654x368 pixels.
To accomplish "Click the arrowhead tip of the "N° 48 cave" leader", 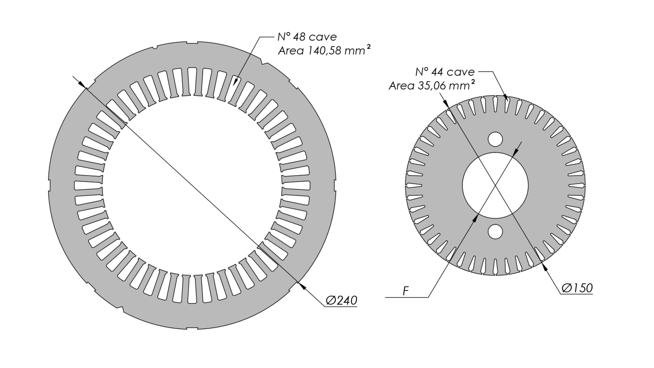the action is pyautogui.click(x=233, y=85).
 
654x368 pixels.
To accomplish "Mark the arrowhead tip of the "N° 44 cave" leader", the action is pyautogui.click(x=508, y=101).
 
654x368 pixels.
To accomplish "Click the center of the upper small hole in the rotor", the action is pyautogui.click(x=495, y=139).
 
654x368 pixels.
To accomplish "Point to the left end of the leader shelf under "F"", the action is pyautogui.click(x=385, y=297).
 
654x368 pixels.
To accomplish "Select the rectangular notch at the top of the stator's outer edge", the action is pyautogui.click(x=192, y=43).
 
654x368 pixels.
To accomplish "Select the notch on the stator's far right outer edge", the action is pyautogui.click(x=335, y=185).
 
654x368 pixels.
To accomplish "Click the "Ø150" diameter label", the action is pyautogui.click(x=577, y=288).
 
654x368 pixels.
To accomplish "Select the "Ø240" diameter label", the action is pyautogui.click(x=341, y=300).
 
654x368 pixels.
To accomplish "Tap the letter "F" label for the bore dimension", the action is pyautogui.click(x=405, y=291).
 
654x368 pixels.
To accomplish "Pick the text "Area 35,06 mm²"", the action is pyautogui.click(x=432, y=85).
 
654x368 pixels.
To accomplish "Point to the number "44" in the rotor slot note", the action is pyautogui.click(x=437, y=72).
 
